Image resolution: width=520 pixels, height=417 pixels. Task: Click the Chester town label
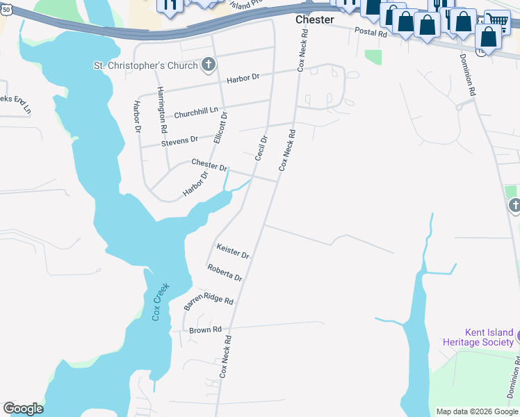click(314, 19)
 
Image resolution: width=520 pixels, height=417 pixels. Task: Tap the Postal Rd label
click(370, 33)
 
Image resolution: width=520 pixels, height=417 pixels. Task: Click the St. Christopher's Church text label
click(145, 66)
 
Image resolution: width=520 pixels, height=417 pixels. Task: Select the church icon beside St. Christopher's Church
click(208, 65)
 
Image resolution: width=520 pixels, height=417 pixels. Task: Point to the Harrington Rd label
click(161, 110)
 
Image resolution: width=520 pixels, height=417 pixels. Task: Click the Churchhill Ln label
click(196, 113)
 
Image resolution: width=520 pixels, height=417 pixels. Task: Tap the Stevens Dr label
click(179, 141)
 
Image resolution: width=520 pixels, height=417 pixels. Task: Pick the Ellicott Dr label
click(221, 127)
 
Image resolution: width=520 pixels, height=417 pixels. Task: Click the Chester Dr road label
click(209, 166)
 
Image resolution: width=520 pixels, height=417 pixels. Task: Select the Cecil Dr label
click(261, 148)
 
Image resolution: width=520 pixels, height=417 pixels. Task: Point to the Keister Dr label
click(232, 251)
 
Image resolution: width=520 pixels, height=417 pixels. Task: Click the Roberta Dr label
click(225, 272)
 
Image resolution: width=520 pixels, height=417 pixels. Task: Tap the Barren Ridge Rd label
click(209, 300)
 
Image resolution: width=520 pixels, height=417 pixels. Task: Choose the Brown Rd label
click(205, 329)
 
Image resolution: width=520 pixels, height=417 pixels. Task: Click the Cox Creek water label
click(161, 300)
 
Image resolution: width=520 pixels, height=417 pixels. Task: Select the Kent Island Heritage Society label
click(479, 337)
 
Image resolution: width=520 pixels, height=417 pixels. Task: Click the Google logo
click(23, 409)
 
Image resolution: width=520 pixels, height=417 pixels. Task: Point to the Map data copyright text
click(476, 411)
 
